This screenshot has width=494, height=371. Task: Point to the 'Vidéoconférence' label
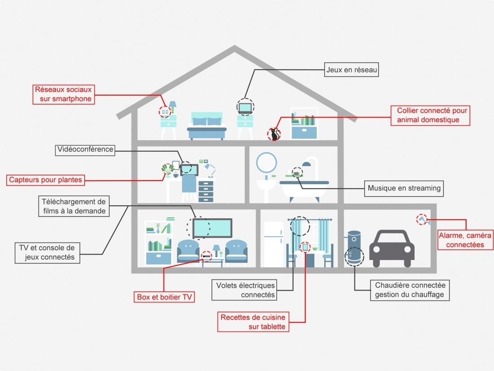click(85, 150)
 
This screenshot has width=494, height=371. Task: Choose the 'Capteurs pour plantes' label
click(46, 180)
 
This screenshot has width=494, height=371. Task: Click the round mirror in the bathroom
click(266, 163)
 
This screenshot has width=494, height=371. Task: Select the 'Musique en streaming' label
click(404, 188)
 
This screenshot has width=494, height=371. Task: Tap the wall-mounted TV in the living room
click(212, 228)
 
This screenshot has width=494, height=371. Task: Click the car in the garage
click(392, 248)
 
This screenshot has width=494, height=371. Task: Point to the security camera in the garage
click(423, 220)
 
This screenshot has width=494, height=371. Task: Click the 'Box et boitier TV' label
click(164, 297)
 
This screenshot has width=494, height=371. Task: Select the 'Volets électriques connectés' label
click(245, 290)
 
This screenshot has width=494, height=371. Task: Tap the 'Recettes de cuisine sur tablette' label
click(253, 322)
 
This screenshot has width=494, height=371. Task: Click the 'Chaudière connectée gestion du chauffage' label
click(409, 290)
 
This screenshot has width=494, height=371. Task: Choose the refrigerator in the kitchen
click(273, 245)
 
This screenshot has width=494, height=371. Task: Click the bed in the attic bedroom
click(206, 125)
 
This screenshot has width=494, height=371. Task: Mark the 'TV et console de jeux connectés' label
click(47, 252)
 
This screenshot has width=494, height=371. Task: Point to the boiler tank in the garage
click(354, 249)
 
